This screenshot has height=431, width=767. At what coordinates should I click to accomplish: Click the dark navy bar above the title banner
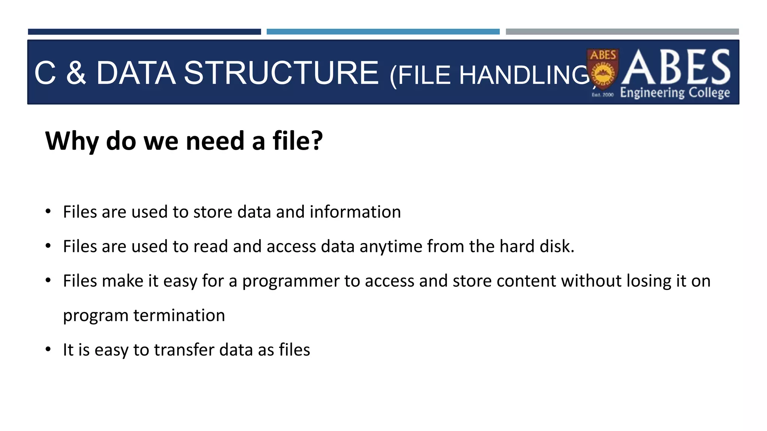144,32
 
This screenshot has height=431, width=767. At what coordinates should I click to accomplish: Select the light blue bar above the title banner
383,32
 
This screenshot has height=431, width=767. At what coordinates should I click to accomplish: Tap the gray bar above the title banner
622,32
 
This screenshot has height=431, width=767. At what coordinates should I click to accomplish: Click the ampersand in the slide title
76,73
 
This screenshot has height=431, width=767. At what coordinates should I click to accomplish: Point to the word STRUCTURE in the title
281,73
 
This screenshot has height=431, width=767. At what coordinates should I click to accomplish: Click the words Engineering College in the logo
675,93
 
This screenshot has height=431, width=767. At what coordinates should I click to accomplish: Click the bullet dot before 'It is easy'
48,349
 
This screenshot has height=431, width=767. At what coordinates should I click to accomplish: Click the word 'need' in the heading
215,142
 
